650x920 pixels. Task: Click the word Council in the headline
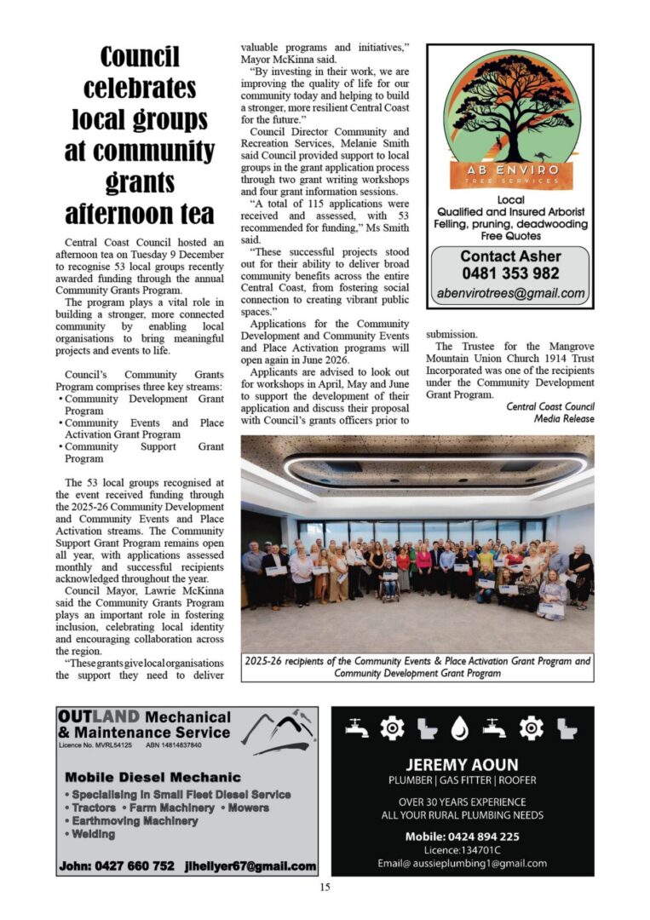(140, 58)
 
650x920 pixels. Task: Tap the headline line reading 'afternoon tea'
(140, 213)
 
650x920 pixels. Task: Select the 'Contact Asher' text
(510, 256)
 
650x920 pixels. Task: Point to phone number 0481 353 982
(510, 273)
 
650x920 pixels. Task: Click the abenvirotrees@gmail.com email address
(510, 294)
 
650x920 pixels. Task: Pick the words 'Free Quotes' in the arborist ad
(510, 235)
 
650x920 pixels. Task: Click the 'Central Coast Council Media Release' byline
(550, 412)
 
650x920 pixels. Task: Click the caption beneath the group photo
(417, 667)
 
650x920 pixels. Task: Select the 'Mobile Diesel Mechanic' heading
(152, 777)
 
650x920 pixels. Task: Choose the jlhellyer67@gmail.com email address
(250, 865)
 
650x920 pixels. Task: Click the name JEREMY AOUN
(462, 764)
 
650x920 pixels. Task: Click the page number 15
(325, 888)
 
